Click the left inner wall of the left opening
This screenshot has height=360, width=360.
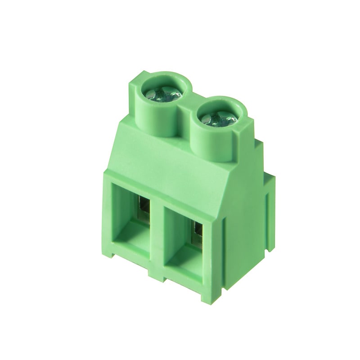pyautogui.click(x=118, y=211)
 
